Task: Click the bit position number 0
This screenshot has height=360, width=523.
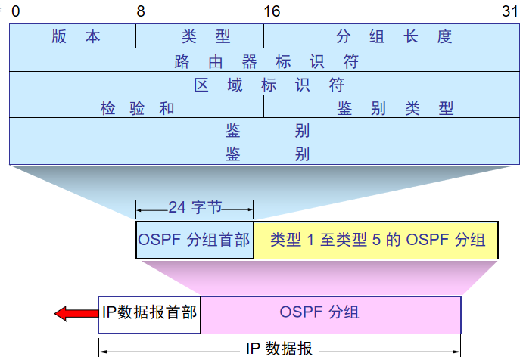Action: (x=15, y=11)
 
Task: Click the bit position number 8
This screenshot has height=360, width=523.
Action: (x=141, y=11)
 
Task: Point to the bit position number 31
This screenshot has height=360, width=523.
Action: (x=510, y=11)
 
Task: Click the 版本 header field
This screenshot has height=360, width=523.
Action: (x=73, y=36)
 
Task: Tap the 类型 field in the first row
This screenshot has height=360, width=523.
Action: (x=200, y=36)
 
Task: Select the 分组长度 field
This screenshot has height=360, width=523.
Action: (x=394, y=36)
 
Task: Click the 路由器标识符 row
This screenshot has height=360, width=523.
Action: (x=266, y=61)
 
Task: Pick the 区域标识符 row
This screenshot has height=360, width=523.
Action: (x=266, y=84)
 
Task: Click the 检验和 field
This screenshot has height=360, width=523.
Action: (x=137, y=107)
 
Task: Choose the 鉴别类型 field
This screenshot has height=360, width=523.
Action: (x=394, y=107)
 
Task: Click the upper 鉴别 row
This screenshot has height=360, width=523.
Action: (x=266, y=130)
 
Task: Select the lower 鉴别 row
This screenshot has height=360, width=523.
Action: (x=266, y=154)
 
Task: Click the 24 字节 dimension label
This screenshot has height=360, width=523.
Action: (x=195, y=206)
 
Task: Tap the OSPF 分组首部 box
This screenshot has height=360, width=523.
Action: (x=195, y=240)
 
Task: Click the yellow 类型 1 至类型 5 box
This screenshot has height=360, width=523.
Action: (x=376, y=240)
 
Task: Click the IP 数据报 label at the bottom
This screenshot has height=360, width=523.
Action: (x=279, y=349)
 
